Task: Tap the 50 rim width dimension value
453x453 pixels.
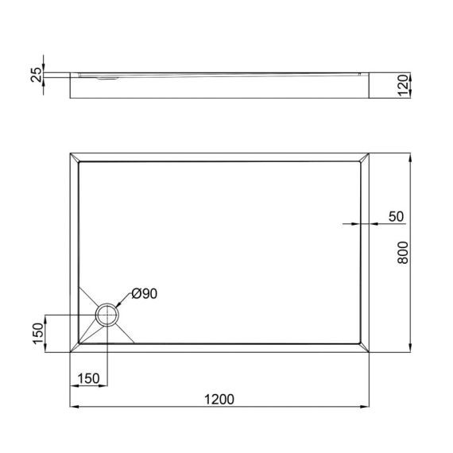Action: click(396, 215)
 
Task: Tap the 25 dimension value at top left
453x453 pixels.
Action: click(35, 75)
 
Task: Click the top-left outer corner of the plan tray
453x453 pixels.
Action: click(70, 150)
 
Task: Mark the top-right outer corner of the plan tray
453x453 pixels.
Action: click(371, 150)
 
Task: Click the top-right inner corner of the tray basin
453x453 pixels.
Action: click(359, 162)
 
